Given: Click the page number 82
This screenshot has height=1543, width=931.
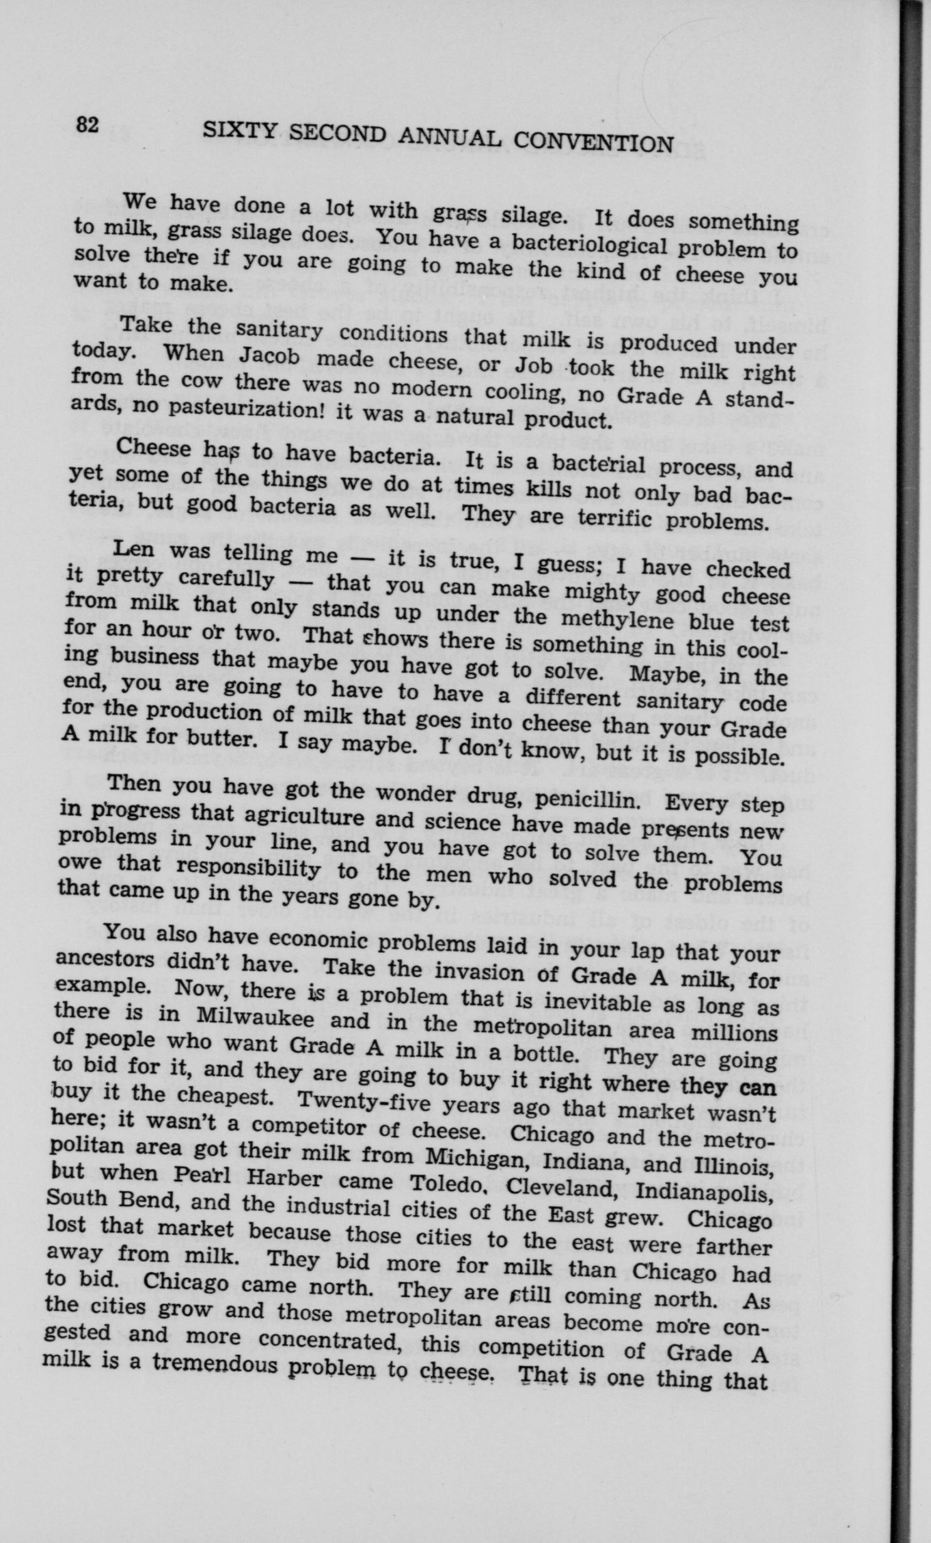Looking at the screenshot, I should (x=87, y=125).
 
